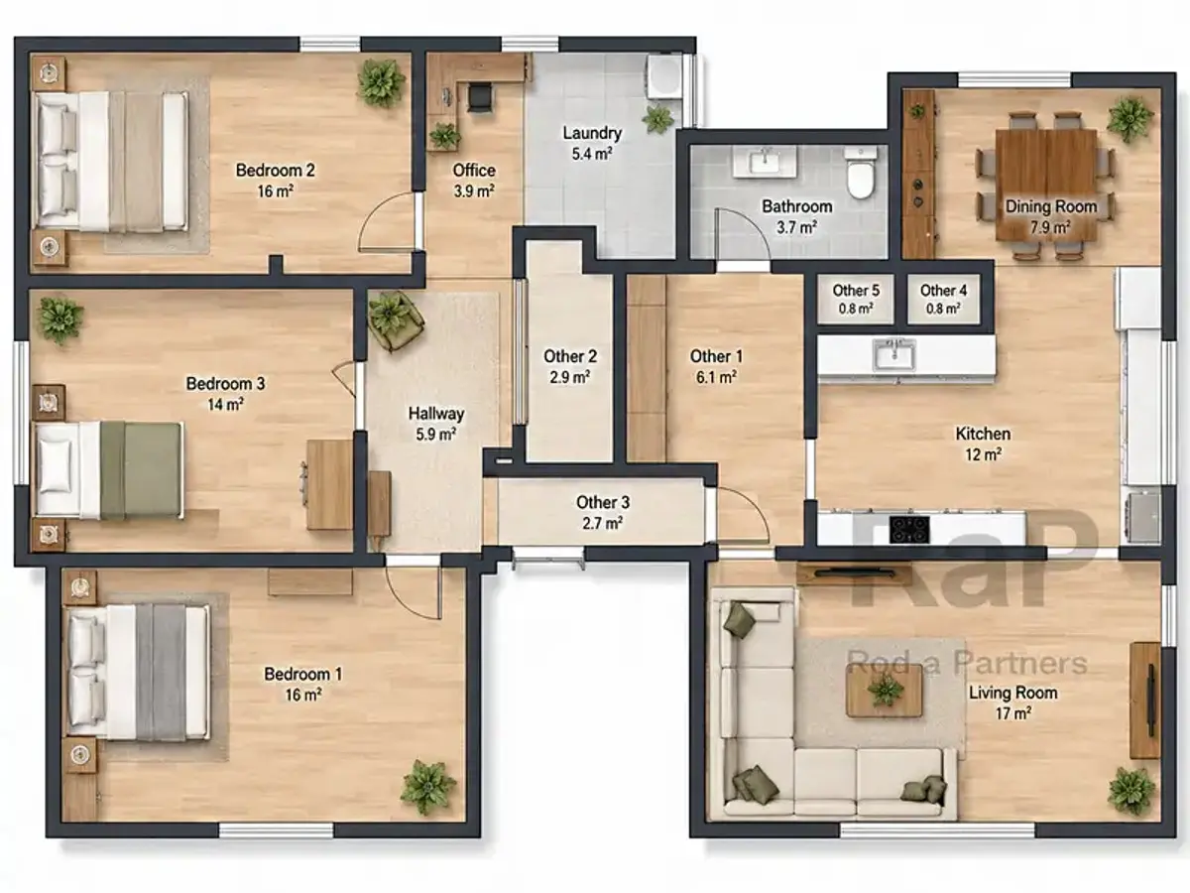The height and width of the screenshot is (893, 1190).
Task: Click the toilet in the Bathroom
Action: (x=860, y=174)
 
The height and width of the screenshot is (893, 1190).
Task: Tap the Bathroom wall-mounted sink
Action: (x=765, y=161)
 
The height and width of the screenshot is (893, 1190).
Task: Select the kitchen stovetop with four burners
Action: (x=909, y=529)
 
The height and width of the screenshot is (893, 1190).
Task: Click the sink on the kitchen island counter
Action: (x=894, y=355)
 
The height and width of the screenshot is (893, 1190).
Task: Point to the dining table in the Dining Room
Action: (x=1046, y=185)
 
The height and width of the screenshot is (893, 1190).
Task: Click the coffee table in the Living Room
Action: (x=885, y=691)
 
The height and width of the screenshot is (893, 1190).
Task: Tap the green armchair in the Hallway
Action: (x=396, y=320)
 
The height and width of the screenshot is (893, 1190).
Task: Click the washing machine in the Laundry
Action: (x=664, y=76)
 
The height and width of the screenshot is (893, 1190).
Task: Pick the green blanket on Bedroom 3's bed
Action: (x=141, y=469)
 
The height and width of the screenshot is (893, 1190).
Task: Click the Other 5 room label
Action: (x=856, y=291)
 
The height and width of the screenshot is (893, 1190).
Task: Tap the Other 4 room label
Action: (x=943, y=291)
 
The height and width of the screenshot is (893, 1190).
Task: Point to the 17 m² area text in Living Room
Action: (x=1012, y=713)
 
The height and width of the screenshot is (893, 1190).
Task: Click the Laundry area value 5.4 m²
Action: (x=592, y=154)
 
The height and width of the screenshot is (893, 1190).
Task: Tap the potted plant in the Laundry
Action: (x=657, y=119)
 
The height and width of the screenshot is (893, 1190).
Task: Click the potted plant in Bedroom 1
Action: (x=427, y=787)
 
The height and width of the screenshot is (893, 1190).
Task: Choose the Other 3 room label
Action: (x=603, y=503)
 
